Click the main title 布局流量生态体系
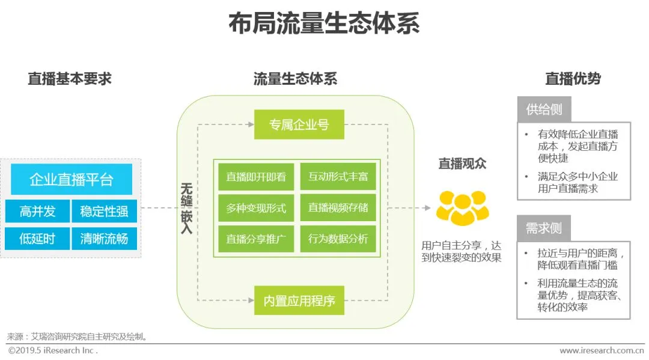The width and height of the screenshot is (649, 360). [324, 24]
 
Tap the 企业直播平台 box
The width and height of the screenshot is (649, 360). [72, 180]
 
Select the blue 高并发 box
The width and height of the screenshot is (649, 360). [37, 211]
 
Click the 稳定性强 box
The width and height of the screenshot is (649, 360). [104, 211]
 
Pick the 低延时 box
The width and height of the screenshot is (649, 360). [37, 239]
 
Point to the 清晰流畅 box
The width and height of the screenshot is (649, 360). [104, 239]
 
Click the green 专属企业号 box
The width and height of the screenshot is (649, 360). [299, 125]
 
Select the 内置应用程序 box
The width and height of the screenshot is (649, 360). [299, 301]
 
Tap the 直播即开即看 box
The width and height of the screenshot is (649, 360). [255, 177]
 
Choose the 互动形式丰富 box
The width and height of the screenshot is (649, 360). [338, 177]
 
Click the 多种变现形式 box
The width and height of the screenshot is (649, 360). [255, 208]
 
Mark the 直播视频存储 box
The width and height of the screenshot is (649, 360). [338, 208]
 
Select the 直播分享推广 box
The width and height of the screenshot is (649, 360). [255, 239]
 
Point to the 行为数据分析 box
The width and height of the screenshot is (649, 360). [338, 239]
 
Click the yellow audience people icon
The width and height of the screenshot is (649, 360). [462, 207]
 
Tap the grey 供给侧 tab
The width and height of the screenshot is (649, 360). [544, 109]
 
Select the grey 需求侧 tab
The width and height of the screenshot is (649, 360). [544, 228]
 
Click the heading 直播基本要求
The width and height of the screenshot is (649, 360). [70, 79]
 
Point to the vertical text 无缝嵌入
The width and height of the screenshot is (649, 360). [186, 208]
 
